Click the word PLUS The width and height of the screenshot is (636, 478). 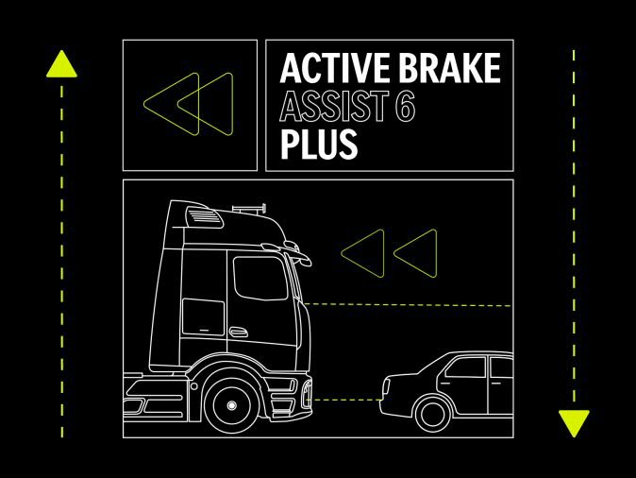(x=319, y=144)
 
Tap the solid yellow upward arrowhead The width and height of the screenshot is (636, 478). (x=61, y=63)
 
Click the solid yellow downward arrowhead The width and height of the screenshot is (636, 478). (x=574, y=423)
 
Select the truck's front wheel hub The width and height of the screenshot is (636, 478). (x=231, y=405)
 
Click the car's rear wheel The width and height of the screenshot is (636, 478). (x=433, y=415)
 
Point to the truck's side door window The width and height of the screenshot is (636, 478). (x=260, y=278)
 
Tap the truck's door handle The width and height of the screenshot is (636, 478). (x=238, y=332)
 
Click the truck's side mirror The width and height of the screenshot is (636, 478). (x=298, y=252)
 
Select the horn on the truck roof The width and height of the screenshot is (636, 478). (x=249, y=209)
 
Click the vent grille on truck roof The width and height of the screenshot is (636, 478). (x=205, y=216)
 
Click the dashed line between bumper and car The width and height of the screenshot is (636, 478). (x=345, y=400)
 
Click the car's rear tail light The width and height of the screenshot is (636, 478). (x=386, y=386)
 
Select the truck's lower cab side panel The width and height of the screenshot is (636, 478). (x=203, y=317)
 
